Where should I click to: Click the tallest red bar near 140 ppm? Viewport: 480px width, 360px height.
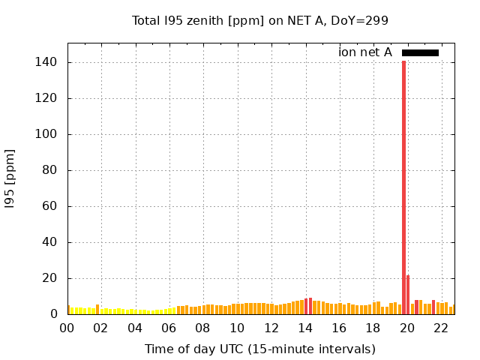[403, 187]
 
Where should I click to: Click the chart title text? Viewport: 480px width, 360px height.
[260, 20]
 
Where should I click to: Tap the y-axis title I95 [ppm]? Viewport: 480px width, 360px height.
[10, 178]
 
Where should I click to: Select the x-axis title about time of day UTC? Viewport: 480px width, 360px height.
[260, 349]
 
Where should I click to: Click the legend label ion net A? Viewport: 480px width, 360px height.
[365, 52]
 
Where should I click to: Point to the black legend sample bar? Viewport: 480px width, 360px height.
[420, 52]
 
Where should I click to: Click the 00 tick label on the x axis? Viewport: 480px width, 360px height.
[67, 328]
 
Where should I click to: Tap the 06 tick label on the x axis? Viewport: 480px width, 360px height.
[169, 328]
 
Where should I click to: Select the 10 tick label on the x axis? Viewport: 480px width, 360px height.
[238, 328]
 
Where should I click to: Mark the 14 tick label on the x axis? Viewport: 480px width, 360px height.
[306, 328]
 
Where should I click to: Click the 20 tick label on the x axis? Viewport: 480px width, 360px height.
[408, 328]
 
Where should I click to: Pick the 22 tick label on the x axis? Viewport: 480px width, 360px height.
[442, 328]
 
